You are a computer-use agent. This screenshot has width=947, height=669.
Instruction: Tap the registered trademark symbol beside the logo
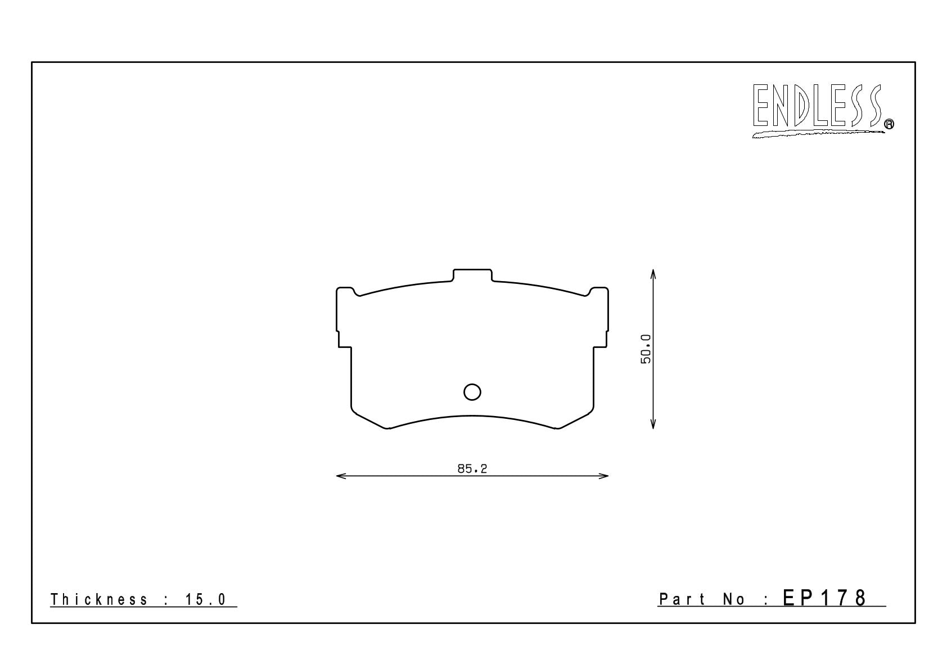[889, 125]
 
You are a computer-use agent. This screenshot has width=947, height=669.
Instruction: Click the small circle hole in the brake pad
[472, 392]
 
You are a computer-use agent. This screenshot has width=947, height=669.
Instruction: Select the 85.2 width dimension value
[472, 468]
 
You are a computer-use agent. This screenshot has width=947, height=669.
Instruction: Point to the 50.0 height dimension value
[646, 349]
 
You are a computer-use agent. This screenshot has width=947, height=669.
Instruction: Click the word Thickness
[99, 600]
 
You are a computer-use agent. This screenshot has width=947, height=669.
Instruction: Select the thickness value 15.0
[205, 600]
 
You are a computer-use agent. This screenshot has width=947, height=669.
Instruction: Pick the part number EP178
[824, 598]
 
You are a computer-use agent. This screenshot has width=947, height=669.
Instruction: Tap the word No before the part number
[733, 600]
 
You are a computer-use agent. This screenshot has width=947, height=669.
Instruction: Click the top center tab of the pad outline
[472, 275]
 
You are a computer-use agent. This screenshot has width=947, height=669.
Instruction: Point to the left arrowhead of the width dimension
[339, 476]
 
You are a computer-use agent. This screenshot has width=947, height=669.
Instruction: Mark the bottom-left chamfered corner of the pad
[369, 419]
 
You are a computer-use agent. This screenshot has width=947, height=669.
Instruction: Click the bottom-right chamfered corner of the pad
[576, 419]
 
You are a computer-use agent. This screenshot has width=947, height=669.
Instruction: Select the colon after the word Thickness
[166, 600]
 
